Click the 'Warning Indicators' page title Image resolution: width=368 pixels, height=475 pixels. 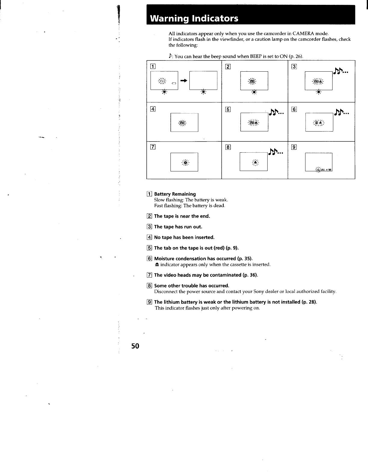[194, 19]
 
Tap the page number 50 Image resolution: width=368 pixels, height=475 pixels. [135, 346]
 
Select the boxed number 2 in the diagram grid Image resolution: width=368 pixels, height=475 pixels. [228, 67]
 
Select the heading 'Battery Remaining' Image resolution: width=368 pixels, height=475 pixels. [175, 194]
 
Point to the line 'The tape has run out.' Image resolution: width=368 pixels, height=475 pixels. [178, 227]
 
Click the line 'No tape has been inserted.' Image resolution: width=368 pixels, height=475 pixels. [184, 237]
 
